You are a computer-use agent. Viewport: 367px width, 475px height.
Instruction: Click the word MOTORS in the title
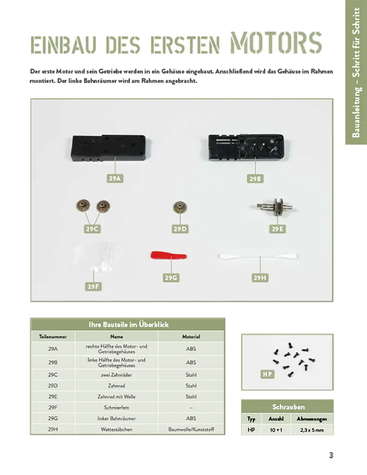(276, 42)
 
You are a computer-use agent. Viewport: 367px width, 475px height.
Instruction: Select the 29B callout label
(255, 178)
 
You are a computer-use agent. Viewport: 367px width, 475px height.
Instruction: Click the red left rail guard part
(169, 256)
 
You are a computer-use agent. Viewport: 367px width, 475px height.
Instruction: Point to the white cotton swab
(258, 256)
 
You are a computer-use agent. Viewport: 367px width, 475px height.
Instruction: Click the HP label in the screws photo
(267, 374)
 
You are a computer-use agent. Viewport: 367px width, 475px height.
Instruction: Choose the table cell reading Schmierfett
(117, 407)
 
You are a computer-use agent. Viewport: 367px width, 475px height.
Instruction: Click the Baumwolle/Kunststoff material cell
(191, 429)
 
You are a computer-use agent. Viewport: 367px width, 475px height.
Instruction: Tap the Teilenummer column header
(53, 337)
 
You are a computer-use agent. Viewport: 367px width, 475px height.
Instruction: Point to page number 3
(331, 455)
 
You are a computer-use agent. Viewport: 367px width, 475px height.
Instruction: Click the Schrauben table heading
(288, 407)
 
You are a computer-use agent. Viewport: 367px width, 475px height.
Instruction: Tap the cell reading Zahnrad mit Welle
(117, 396)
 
